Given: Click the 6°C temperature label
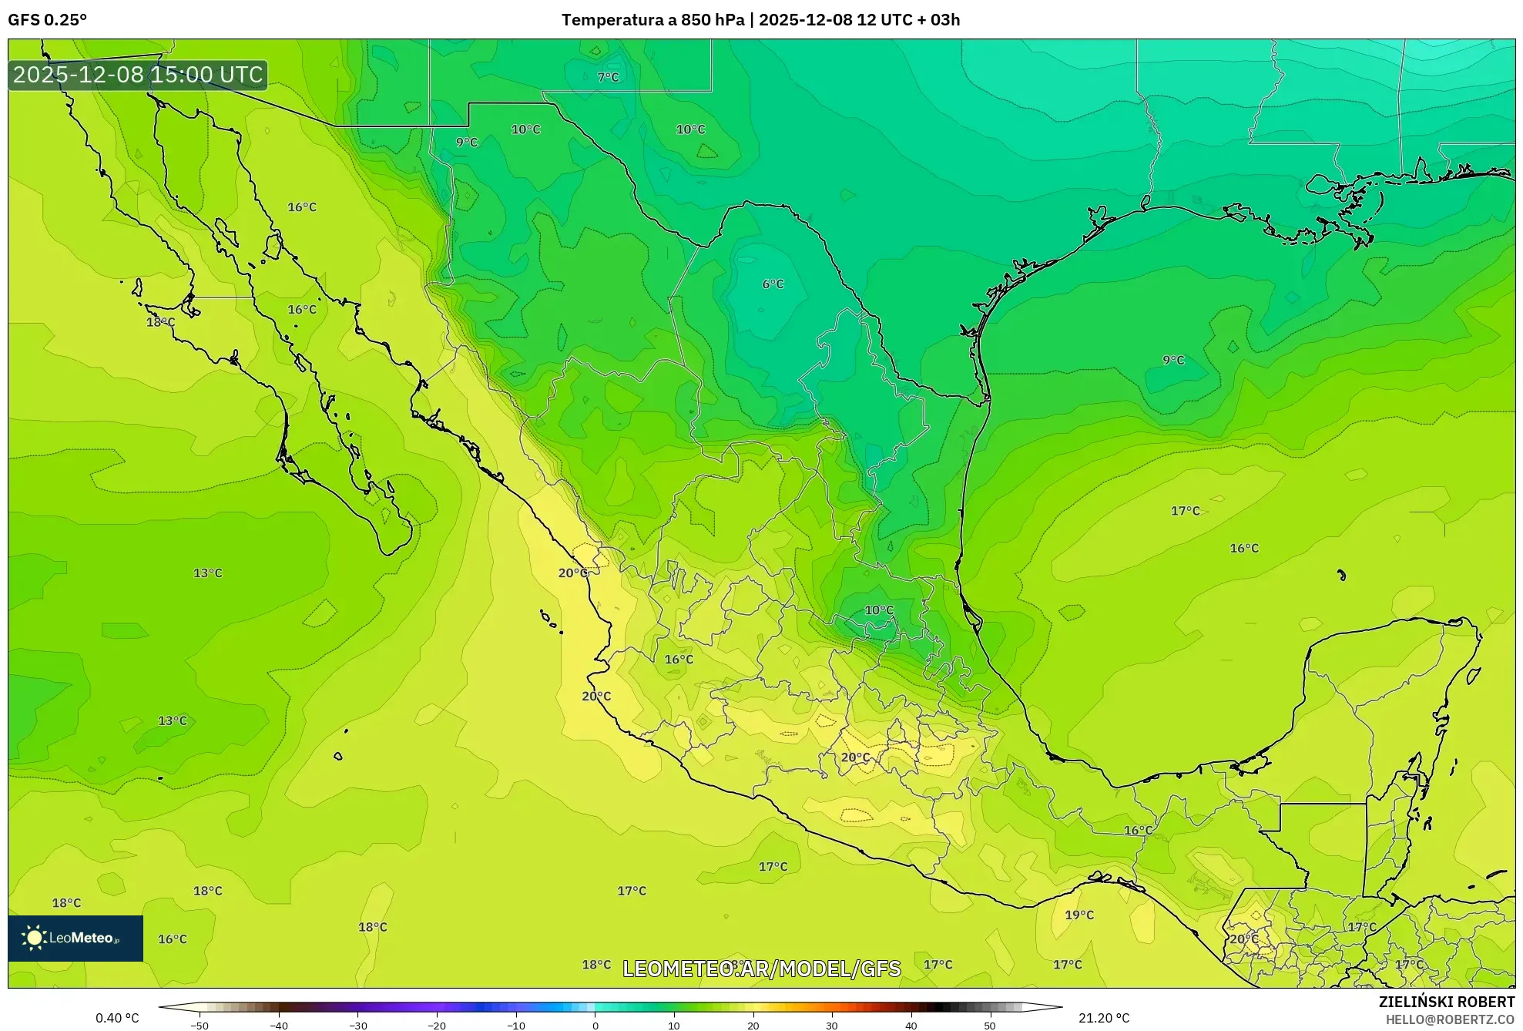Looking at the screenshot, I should [773, 284].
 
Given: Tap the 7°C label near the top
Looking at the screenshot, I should [608, 77].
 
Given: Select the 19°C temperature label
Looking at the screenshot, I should [1079, 915].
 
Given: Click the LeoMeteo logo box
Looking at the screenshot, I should [75, 938].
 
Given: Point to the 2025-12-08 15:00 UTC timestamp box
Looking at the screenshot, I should [138, 75].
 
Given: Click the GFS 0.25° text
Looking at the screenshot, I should [47, 20].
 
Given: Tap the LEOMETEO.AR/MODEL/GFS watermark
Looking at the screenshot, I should [761, 969].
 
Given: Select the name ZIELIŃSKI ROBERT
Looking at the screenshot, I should [1446, 1002].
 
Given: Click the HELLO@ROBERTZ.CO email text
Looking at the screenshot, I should [1450, 1019].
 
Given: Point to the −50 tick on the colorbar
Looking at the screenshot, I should [200, 1026].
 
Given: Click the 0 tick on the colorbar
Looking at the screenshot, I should [595, 1026].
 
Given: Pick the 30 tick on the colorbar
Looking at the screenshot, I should [832, 1026].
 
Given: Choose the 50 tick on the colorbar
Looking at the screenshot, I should [990, 1026].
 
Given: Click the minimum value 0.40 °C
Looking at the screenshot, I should [117, 1018].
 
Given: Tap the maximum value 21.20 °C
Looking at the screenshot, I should [1103, 1018].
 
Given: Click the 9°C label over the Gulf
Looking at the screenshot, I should [1173, 360].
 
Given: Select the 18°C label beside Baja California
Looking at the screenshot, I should [160, 322].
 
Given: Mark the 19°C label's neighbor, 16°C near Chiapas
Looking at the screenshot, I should [1138, 830].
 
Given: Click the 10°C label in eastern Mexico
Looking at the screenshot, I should [879, 610].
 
